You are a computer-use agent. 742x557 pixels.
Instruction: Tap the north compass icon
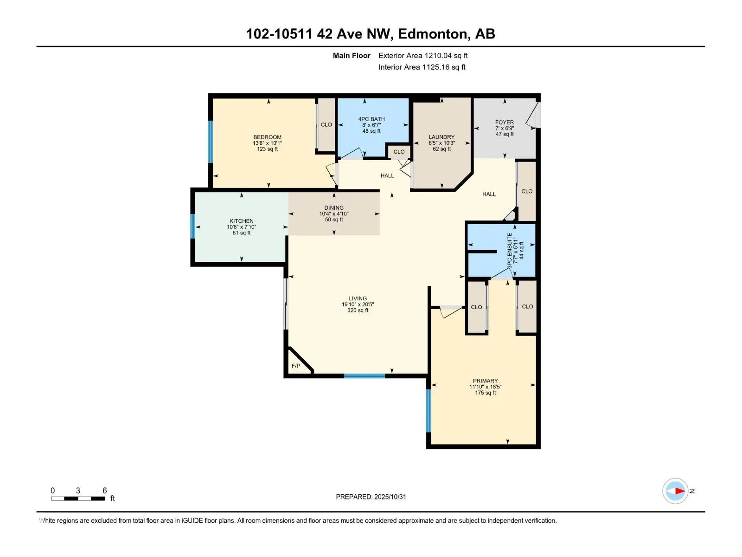point(675,491)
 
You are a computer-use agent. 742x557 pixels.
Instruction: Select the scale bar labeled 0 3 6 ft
point(78,498)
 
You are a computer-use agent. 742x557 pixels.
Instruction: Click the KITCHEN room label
point(242,221)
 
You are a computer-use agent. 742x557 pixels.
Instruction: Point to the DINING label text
point(334,207)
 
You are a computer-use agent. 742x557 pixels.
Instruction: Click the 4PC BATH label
point(371,119)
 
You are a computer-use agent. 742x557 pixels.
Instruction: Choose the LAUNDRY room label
point(441,137)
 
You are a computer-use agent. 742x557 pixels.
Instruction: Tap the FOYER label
point(505,122)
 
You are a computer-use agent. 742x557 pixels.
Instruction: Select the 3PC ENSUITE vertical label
point(510,250)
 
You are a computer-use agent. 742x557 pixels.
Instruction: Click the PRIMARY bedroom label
point(485,381)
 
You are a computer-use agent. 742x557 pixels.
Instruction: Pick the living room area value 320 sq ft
point(358,310)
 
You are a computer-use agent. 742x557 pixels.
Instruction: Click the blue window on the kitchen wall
point(193,226)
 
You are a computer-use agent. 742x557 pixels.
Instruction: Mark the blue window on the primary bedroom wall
point(429,410)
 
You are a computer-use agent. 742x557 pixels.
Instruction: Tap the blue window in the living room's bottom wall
point(365,376)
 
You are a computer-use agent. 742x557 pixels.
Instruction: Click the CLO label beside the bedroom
point(326,124)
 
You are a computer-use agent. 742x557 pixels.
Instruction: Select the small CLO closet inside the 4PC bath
point(399,151)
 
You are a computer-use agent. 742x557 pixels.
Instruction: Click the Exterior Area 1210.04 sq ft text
point(423,55)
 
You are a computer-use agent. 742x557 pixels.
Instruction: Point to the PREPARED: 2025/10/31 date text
point(371,497)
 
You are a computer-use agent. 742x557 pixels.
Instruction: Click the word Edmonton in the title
point(432,34)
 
